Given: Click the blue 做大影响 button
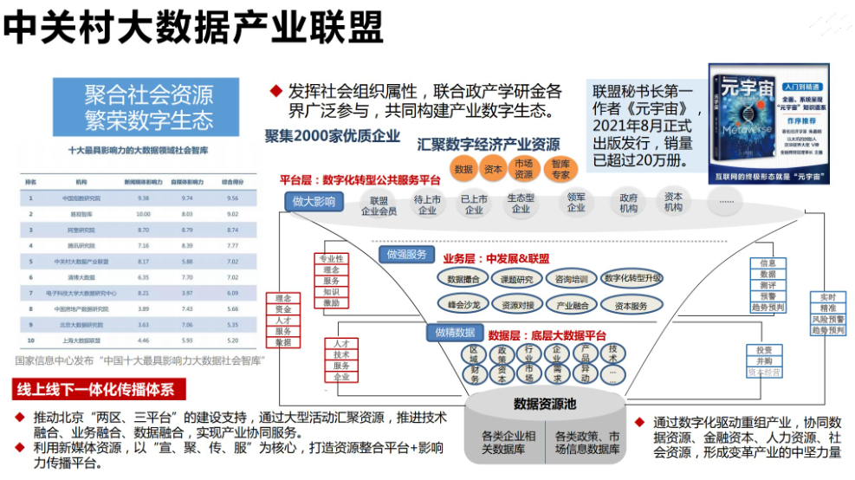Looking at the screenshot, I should [x=313, y=202].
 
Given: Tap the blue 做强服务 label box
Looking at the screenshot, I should [x=406, y=254].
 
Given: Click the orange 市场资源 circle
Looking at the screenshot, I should [x=524, y=169].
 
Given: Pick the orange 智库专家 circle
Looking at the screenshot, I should [x=561, y=169].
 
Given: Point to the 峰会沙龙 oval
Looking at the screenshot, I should [x=464, y=305].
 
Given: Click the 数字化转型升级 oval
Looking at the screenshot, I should [x=633, y=278].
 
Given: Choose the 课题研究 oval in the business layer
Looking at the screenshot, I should [x=517, y=279].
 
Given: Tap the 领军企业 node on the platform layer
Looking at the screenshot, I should [x=576, y=203].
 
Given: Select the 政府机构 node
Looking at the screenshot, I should [x=628, y=203].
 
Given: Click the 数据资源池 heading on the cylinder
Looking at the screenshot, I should [x=545, y=404].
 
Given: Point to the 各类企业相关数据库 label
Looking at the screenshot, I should [x=507, y=442].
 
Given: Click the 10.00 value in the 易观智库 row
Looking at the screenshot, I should [x=143, y=213].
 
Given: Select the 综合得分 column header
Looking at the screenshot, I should [x=231, y=182].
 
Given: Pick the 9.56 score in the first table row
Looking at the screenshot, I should [x=231, y=198].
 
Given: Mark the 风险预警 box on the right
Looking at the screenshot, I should [x=827, y=320].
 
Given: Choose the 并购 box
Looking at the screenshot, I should [x=764, y=361].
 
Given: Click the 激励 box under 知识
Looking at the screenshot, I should [x=332, y=303].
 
